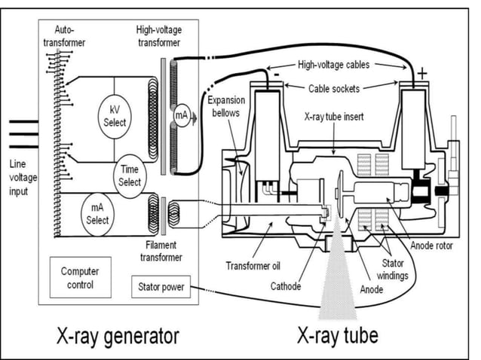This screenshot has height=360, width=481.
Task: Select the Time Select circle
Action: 130,176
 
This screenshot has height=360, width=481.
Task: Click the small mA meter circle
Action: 180,115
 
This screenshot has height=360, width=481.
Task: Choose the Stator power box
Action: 160,287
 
